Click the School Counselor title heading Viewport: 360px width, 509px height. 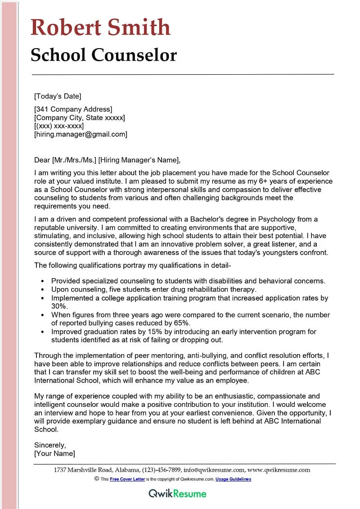click(x=103, y=55)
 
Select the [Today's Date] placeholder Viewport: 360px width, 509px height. click(x=58, y=96)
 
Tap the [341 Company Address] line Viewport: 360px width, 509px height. click(x=73, y=109)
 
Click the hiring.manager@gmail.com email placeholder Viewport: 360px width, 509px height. click(x=81, y=134)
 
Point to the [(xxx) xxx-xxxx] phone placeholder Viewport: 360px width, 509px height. click(x=59, y=126)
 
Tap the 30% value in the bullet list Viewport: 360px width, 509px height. click(x=58, y=306)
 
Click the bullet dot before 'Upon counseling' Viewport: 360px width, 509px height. click(x=42, y=289)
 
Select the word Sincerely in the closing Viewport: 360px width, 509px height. click(x=50, y=445)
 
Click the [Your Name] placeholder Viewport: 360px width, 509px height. click(x=55, y=454)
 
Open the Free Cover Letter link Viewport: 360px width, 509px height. click(x=127, y=479)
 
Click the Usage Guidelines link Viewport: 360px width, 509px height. click(x=233, y=479)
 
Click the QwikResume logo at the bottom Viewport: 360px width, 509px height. click(x=178, y=494)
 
